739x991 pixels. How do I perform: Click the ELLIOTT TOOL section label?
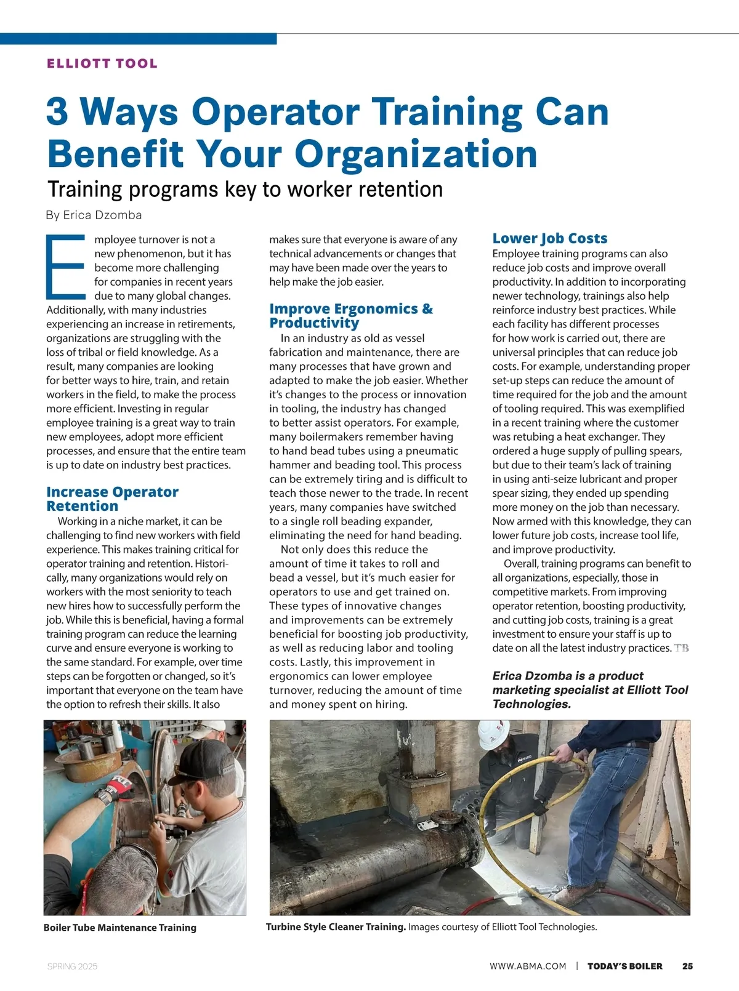pyautogui.click(x=102, y=63)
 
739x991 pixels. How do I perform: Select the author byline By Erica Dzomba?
pyautogui.click(x=94, y=215)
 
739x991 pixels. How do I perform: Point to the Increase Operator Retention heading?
pyautogui.click(x=112, y=499)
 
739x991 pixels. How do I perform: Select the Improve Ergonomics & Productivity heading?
pyautogui.click(x=351, y=315)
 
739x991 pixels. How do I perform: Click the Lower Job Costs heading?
pyautogui.click(x=549, y=238)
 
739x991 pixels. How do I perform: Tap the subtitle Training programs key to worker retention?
pyautogui.click(x=245, y=189)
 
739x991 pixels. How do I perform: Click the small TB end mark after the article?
pyautogui.click(x=681, y=648)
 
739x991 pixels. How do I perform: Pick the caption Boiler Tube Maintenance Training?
pyautogui.click(x=120, y=928)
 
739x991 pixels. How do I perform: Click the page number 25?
pyautogui.click(x=687, y=966)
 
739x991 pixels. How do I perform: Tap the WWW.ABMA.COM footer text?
pyautogui.click(x=528, y=966)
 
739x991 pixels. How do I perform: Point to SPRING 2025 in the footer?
pyautogui.click(x=72, y=966)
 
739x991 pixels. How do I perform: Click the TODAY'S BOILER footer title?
pyautogui.click(x=624, y=966)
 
